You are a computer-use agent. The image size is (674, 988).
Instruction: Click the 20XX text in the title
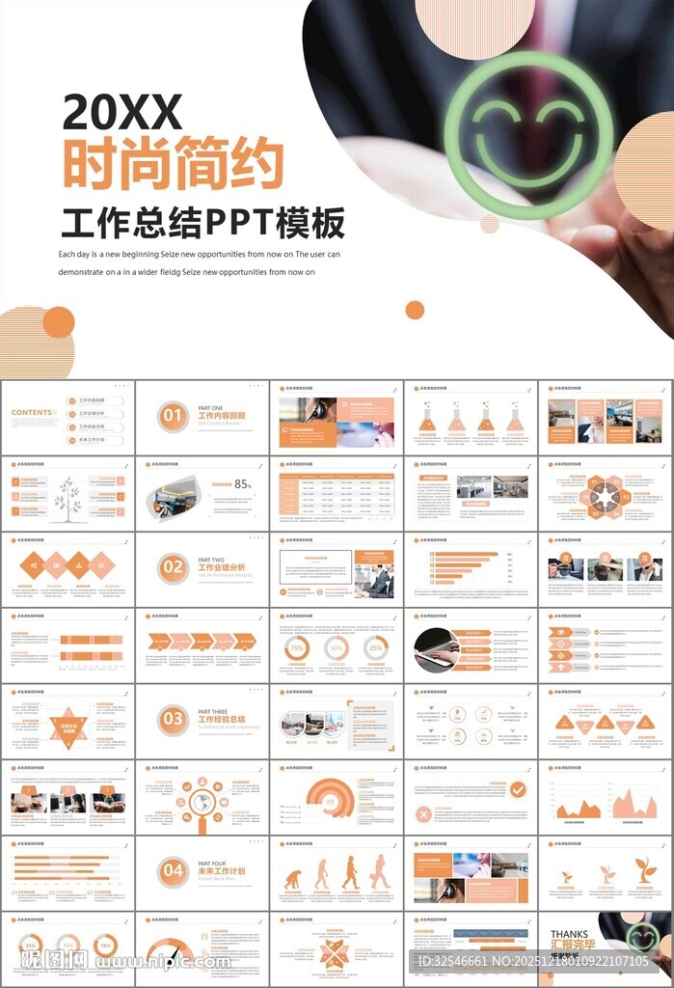click(x=121, y=113)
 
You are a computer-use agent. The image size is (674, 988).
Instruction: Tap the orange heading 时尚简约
click(x=173, y=164)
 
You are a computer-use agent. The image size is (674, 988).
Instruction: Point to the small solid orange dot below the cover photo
click(x=415, y=310)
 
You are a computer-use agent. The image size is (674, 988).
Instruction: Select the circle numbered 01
click(x=173, y=416)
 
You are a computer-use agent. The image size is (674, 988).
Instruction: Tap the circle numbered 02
click(x=173, y=567)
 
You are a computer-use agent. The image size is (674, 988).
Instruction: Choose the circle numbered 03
click(x=173, y=719)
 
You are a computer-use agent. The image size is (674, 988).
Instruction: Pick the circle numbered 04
click(x=173, y=871)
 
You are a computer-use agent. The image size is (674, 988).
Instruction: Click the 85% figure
click(x=242, y=484)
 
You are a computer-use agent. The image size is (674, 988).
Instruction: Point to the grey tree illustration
click(x=67, y=498)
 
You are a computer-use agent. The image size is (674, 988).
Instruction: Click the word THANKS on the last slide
click(x=569, y=934)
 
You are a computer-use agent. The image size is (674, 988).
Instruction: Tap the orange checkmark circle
click(x=518, y=789)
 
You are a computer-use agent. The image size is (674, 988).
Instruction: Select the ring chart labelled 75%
click(x=298, y=649)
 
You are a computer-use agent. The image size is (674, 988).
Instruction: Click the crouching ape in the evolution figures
click(x=291, y=879)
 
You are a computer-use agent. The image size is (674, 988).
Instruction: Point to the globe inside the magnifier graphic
click(x=202, y=802)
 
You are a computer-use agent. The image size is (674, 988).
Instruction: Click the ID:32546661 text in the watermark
click(x=460, y=962)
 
